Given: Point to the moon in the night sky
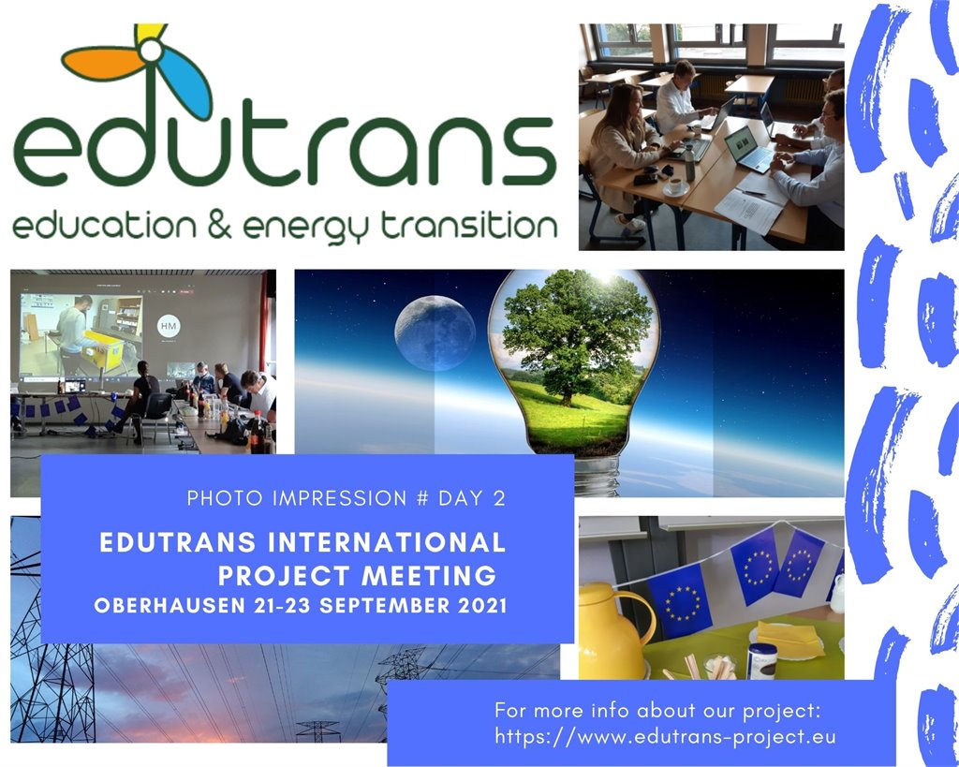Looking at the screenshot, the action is pyautogui.click(x=435, y=332).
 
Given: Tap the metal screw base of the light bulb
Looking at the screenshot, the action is pyautogui.click(x=597, y=476).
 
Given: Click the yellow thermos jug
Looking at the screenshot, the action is pyautogui.click(x=613, y=631).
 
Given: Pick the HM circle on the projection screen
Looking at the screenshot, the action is pyautogui.click(x=169, y=326).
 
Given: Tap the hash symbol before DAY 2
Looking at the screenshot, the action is pyautogui.click(x=422, y=498).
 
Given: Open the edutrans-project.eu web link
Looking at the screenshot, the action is pyautogui.click(x=665, y=736).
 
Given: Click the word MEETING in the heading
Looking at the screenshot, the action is pyautogui.click(x=429, y=576).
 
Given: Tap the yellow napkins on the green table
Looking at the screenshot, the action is pyautogui.click(x=789, y=639).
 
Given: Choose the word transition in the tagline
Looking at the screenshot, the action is pyautogui.click(x=469, y=225).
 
